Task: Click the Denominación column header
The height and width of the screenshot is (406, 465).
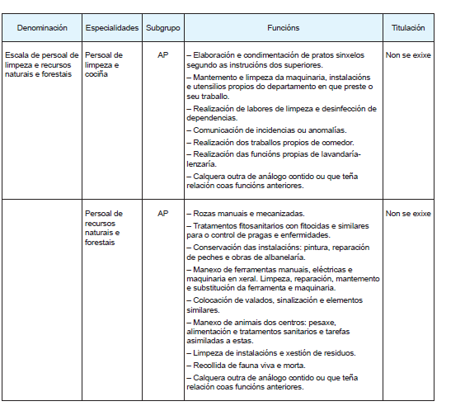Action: click(41, 27)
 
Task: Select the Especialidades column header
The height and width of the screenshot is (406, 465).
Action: click(112, 27)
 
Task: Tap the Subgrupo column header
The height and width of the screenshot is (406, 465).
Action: click(162, 27)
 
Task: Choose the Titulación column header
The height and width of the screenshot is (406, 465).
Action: click(408, 27)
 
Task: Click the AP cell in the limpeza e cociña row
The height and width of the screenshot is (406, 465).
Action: click(162, 56)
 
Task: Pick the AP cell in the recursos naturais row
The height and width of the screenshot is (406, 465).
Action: click(162, 214)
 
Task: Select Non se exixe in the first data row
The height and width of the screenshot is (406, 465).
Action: click(408, 56)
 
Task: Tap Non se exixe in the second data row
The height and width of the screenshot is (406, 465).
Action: click(408, 214)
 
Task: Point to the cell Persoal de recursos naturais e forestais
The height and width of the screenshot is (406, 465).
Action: click(104, 228)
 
